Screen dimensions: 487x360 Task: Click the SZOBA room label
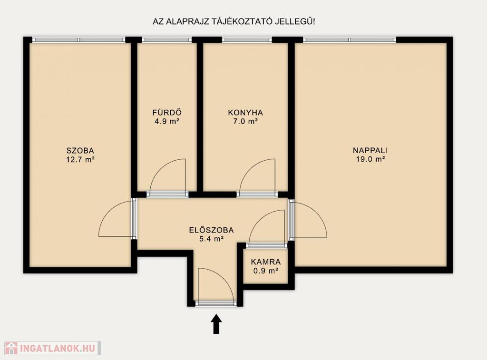pos(80,151)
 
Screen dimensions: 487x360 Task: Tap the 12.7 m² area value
pos(80,160)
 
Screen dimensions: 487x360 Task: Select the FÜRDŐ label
pos(167,112)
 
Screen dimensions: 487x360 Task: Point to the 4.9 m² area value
pos(167,121)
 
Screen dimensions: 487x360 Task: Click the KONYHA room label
pos(245,112)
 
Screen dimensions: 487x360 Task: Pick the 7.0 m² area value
pos(245,121)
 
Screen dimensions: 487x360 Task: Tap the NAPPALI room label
pos(370,150)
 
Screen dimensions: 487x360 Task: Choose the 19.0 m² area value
pos(370,159)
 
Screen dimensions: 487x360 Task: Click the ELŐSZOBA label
pos(211,230)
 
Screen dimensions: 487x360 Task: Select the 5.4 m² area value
pos(211,239)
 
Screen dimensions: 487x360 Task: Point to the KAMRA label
pos(265,262)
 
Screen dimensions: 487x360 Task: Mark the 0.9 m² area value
pos(265,271)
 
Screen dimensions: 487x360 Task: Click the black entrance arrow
pos(216,324)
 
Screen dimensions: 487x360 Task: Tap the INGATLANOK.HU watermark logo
pos(53,348)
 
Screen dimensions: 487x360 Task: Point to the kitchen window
pos(247,40)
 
